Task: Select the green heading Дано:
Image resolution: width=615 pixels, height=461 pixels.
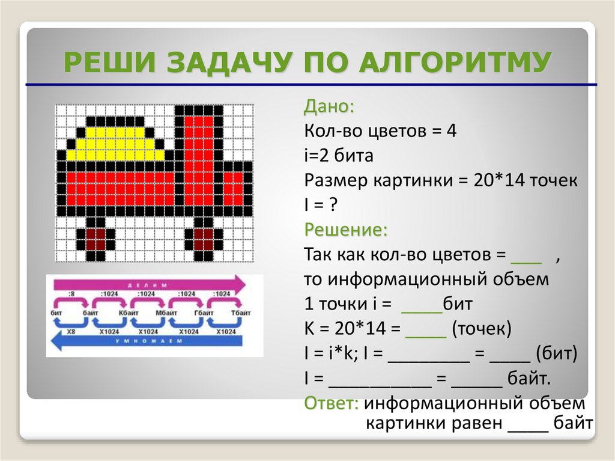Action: coord(329,108)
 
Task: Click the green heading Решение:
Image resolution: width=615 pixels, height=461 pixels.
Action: coord(345,230)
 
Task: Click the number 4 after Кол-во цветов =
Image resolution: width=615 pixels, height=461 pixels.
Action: coord(451,131)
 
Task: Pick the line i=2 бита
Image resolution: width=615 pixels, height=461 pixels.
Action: coord(339,156)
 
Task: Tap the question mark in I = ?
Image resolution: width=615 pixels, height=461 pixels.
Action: coord(332,206)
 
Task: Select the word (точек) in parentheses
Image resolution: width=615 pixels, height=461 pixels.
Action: coord(482,329)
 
